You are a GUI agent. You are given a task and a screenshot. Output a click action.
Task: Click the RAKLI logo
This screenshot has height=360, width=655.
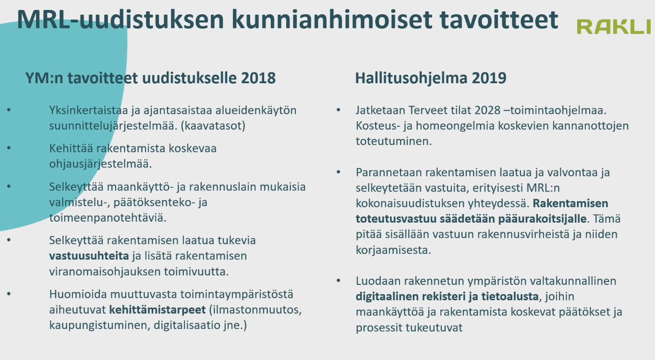click(614, 27)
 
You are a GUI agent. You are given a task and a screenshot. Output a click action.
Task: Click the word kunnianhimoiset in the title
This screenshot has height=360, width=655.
click(332, 20)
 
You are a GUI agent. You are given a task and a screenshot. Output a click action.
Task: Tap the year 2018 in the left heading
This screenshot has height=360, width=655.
click(258, 78)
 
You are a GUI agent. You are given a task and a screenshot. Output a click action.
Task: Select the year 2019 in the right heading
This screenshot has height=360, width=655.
click(489, 78)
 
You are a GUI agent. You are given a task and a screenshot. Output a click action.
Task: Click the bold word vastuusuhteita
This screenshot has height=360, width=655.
click(89, 256)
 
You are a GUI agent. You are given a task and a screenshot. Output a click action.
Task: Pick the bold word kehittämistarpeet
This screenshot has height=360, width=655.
click(158, 310)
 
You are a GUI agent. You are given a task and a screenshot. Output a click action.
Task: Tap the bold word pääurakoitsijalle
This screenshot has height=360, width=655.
click(542, 219)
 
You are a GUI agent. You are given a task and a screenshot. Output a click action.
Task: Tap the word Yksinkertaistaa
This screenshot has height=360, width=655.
click(89, 110)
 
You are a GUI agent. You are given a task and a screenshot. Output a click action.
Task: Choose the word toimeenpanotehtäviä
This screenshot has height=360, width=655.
click(108, 218)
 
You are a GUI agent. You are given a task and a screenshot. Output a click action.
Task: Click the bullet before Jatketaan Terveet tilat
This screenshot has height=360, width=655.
click(339, 110)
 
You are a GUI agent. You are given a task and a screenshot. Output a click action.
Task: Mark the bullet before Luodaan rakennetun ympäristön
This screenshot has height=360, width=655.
click(339, 280)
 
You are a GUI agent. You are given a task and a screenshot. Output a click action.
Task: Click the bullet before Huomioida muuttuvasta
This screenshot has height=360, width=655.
click(9, 294)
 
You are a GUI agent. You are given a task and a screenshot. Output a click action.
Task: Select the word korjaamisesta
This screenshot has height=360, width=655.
click(393, 251)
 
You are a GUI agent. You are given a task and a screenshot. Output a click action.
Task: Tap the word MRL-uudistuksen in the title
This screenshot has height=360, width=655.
click(121, 20)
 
